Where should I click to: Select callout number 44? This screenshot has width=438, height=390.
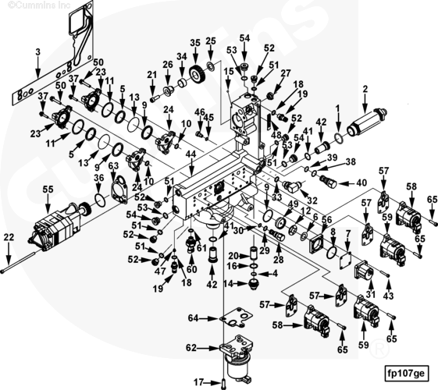point(191,154)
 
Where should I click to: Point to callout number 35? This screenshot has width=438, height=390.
point(195,43)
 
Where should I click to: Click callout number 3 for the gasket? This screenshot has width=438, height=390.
point(37,52)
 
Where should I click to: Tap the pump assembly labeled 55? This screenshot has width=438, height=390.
point(59,228)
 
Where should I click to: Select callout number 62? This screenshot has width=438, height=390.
point(191,348)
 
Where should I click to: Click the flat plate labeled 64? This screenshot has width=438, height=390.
point(236,317)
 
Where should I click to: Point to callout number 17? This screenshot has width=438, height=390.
point(198,381)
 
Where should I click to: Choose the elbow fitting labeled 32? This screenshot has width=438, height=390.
point(292,186)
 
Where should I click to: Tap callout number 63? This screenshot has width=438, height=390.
point(113,166)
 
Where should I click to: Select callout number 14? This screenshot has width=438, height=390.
point(228,284)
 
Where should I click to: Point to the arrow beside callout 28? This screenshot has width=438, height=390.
point(279,248)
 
